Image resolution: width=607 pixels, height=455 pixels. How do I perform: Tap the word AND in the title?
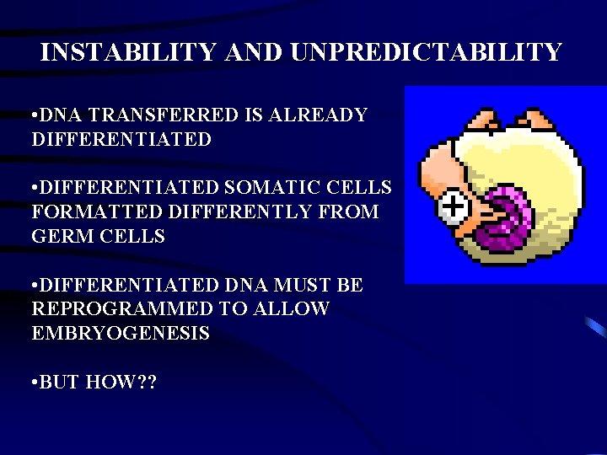256,52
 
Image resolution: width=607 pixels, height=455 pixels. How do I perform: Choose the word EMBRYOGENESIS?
121,334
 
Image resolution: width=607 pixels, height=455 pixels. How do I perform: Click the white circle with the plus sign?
453,205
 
